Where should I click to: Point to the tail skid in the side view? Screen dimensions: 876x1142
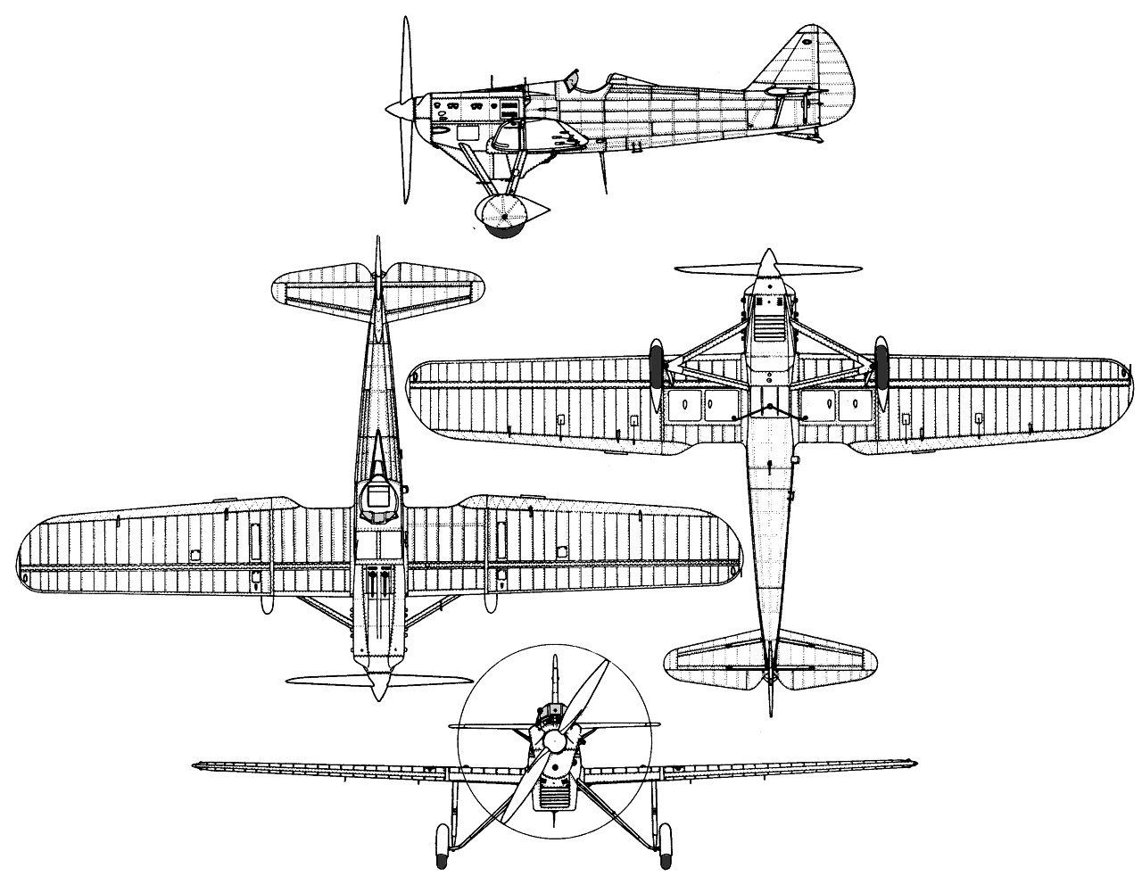[814, 136]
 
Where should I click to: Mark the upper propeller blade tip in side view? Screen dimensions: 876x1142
[406, 22]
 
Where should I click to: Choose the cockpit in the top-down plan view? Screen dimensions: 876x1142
[379, 500]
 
